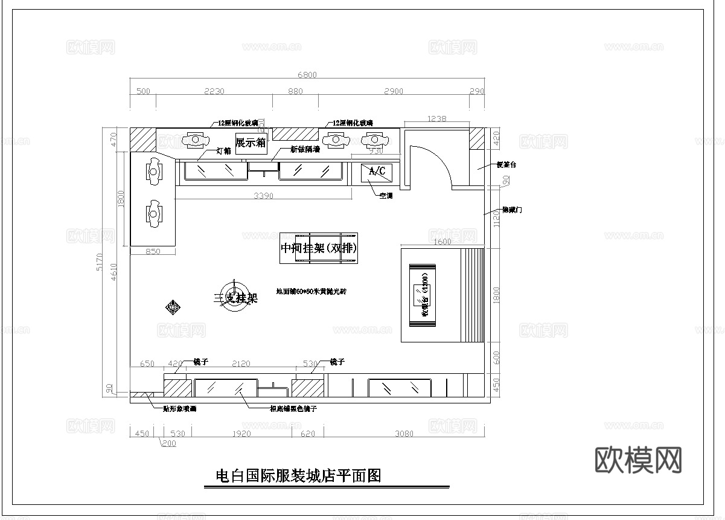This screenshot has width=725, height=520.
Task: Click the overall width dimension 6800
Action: tap(307, 75)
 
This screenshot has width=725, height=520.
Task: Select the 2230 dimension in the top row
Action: tap(214, 91)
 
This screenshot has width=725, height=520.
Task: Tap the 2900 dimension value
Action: tap(393, 91)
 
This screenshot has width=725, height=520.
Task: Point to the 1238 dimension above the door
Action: tap(436, 119)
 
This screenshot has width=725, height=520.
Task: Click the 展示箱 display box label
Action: tap(251, 143)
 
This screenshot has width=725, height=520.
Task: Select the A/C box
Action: tap(377, 172)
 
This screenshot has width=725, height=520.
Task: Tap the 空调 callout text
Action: tap(385, 196)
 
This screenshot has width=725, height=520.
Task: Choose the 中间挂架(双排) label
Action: tap(319, 248)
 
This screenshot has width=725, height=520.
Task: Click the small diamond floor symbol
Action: tap(173, 307)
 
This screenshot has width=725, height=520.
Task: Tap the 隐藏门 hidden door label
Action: tap(512, 210)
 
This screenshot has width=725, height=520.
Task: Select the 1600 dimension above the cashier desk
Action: tap(442, 242)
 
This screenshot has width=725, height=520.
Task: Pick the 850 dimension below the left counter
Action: tap(153, 252)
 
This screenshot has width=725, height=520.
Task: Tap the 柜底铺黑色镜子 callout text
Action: tap(293, 409)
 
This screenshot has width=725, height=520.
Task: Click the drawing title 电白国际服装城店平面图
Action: tap(299, 476)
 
